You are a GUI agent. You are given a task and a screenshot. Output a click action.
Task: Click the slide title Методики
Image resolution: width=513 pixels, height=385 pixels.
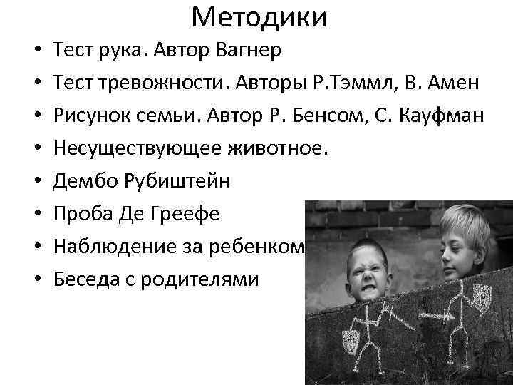click(x=259, y=17)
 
